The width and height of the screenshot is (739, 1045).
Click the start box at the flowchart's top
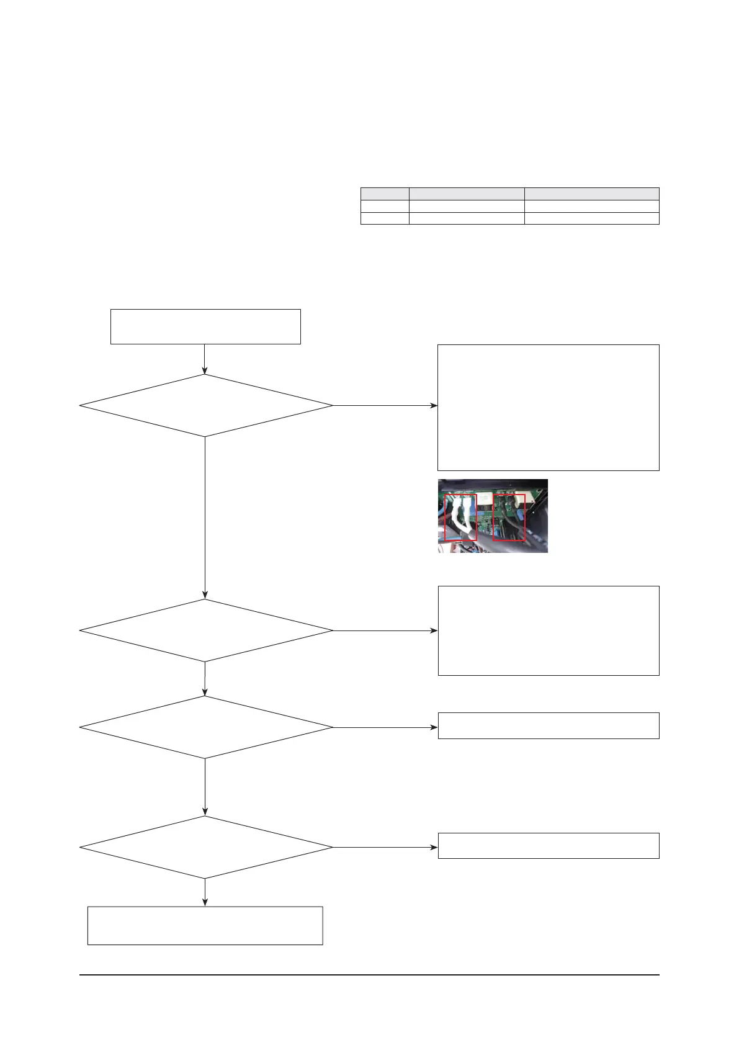tap(205, 326)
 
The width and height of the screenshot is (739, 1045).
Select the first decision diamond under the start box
tap(205, 406)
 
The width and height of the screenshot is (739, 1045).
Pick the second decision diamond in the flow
tap(205, 630)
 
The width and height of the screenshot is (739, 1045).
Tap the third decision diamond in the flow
tap(205, 727)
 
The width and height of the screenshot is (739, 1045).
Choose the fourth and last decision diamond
tap(205, 847)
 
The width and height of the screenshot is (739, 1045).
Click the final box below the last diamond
tap(205, 925)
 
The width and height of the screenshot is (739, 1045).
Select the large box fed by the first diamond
tap(549, 408)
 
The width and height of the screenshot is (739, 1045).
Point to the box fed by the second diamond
tap(549, 630)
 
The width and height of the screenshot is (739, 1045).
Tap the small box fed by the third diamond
tap(549, 725)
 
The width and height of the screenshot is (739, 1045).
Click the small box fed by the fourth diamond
tap(549, 846)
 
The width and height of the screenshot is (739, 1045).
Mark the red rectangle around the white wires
tap(461, 517)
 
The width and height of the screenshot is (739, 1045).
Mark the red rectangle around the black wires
tap(509, 517)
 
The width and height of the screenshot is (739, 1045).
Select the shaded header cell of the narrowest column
tap(385, 194)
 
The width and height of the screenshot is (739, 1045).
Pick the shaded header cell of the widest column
tap(592, 194)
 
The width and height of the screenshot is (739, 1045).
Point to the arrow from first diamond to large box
tap(385, 406)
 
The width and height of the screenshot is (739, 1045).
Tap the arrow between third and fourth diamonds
tap(205, 787)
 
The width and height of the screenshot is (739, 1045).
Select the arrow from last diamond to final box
tap(205, 892)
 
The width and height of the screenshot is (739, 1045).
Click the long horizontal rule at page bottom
tap(369, 975)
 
